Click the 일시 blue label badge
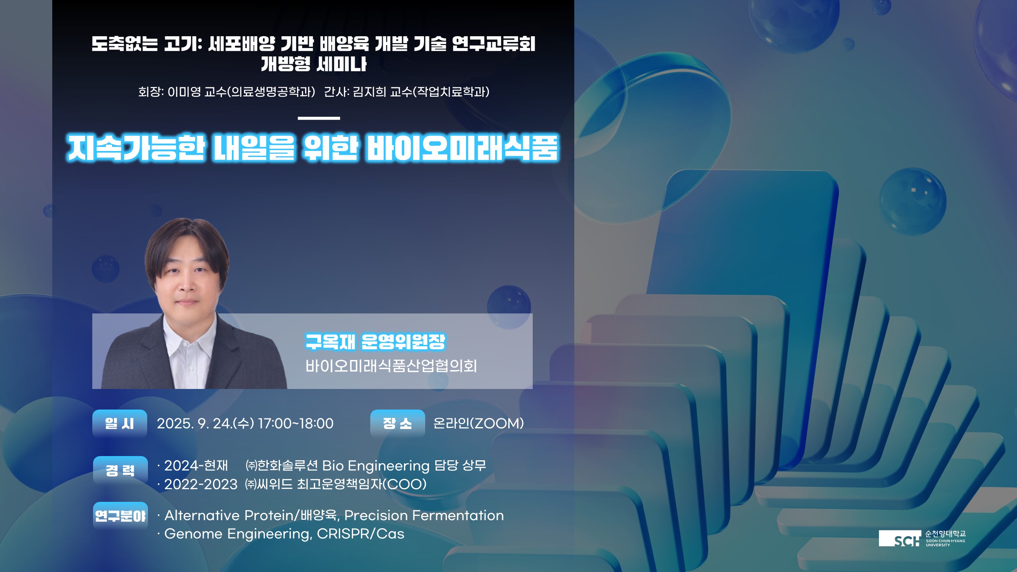pos(120,423)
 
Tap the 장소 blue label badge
pos(398,423)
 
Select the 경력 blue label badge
pos(120,470)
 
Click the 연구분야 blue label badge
pos(120,516)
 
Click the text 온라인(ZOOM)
pos(479,423)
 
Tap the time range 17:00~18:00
pos(296,423)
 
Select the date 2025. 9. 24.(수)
pos(205,423)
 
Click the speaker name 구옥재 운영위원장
pos(375,341)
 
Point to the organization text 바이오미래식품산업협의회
pos(391,366)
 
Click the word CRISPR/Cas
pos(360,534)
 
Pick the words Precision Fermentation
pos(424,515)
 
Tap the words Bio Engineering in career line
pos(376,466)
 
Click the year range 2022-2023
pos(201,484)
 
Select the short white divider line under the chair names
pos(319,118)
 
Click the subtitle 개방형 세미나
pos(314,64)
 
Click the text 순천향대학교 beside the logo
pos(946,534)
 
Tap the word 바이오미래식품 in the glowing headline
pos(463,148)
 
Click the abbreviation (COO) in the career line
pos(405,484)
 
